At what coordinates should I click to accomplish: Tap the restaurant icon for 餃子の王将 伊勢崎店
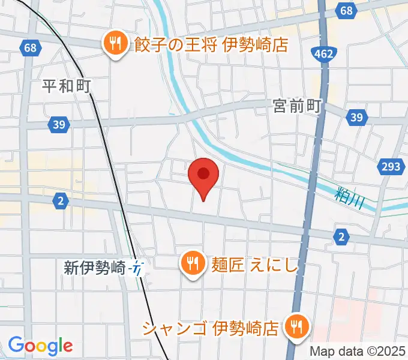click(x=114, y=43)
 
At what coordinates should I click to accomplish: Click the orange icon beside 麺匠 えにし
click(x=192, y=263)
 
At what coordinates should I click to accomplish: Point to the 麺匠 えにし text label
click(x=255, y=263)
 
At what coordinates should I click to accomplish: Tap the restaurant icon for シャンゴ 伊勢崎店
click(x=296, y=327)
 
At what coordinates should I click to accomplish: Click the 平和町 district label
click(x=66, y=86)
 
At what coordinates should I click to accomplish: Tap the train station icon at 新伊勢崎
click(x=139, y=268)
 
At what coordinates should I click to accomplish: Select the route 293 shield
click(x=389, y=166)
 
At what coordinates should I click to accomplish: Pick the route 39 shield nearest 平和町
click(x=58, y=124)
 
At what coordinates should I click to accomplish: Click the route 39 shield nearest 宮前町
click(x=357, y=118)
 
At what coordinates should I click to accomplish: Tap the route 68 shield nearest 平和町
click(x=29, y=47)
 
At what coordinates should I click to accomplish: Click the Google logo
click(x=40, y=346)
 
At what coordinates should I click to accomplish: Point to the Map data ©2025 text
click(x=358, y=352)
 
